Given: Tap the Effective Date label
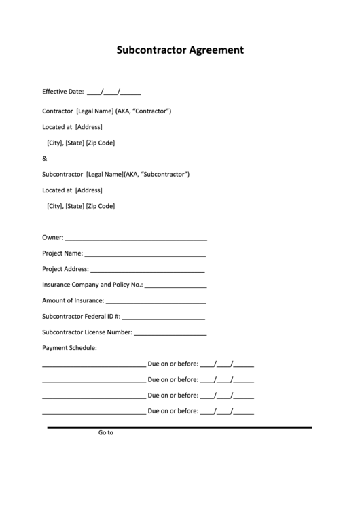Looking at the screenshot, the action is click(62, 91).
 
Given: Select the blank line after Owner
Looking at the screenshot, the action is click(136, 239).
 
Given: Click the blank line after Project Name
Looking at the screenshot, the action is click(145, 255).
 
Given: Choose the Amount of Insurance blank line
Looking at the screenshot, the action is click(156, 302).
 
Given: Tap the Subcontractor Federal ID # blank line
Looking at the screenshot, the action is click(163, 317).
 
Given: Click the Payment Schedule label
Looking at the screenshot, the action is click(69, 347).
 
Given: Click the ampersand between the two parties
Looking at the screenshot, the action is click(45, 158).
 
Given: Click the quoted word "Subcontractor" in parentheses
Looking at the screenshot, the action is click(164, 174).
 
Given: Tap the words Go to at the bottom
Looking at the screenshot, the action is click(105, 432).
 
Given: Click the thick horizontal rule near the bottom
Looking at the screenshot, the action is click(179, 427).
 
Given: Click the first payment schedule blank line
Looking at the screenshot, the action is click(94, 364).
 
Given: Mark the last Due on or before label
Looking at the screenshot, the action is click(173, 410).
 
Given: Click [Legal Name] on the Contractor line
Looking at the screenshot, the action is click(95, 111).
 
